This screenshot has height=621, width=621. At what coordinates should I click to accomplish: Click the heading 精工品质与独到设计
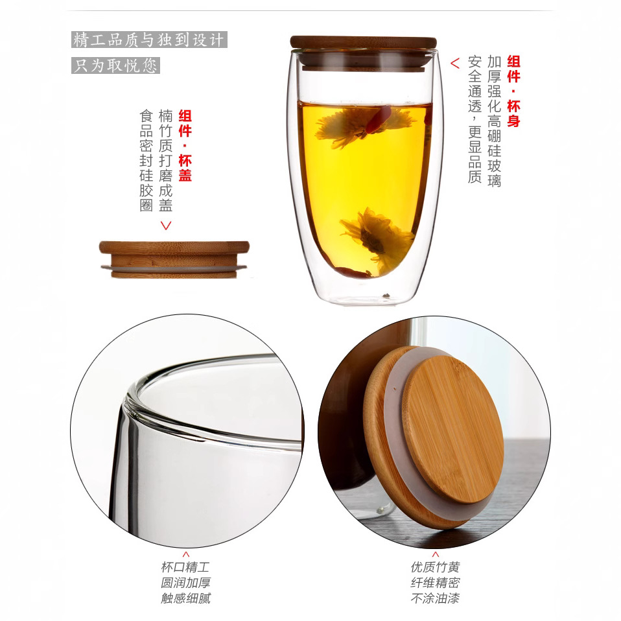(x=148, y=40)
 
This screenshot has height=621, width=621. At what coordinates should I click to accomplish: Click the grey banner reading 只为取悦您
(x=115, y=65)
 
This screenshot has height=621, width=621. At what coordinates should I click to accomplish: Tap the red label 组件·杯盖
(x=185, y=145)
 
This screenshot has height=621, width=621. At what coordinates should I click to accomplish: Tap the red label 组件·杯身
(x=513, y=91)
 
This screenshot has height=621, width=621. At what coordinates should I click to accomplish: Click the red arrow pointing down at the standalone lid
(x=166, y=226)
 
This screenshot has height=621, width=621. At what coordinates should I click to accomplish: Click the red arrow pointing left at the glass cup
(x=455, y=64)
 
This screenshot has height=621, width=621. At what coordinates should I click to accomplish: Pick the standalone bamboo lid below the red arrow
(x=174, y=259)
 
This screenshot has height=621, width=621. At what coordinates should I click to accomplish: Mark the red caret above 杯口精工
(x=186, y=554)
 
